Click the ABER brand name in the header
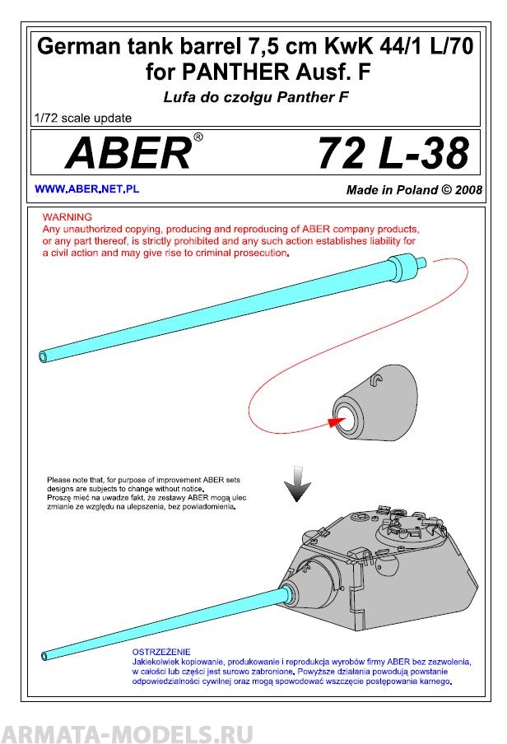pos(128,153)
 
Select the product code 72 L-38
pos(392,153)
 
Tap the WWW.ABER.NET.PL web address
pos(86,189)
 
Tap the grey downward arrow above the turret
pos(294,488)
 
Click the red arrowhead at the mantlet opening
pos(333,421)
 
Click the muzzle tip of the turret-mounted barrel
pos(43,656)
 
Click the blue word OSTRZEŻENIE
pos(161,651)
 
